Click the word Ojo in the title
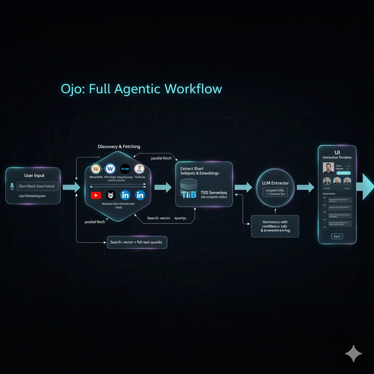click(x=71, y=89)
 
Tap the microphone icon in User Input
click(x=12, y=186)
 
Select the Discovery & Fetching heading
click(x=119, y=146)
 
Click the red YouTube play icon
click(x=96, y=195)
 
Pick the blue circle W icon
click(x=110, y=169)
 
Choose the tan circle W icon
click(x=96, y=169)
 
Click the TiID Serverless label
click(x=214, y=192)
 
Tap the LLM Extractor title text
click(x=275, y=183)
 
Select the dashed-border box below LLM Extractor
click(x=275, y=226)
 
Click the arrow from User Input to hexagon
click(x=71, y=187)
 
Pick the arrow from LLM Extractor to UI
click(x=305, y=187)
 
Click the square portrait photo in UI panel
click(x=328, y=168)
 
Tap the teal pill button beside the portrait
click(x=343, y=173)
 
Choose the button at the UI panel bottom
click(x=337, y=236)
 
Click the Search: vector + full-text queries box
click(x=137, y=242)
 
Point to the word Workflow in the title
click(x=193, y=89)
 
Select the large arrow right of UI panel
click(x=367, y=187)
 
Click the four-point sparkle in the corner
click(x=353, y=354)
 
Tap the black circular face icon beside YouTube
click(x=110, y=195)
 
